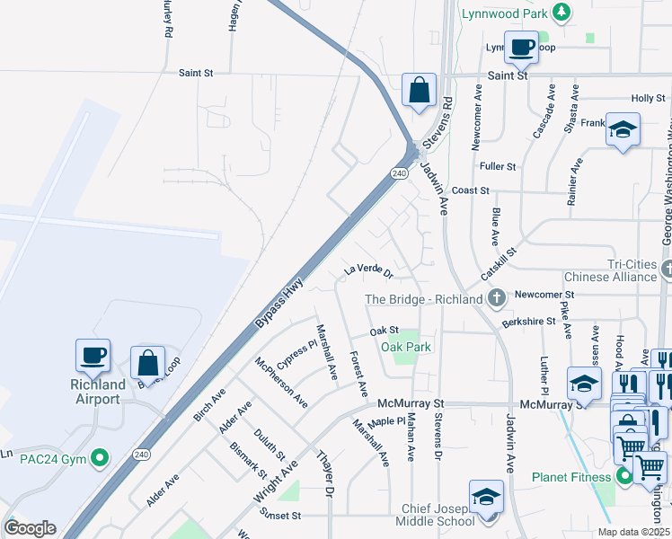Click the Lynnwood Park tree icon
(561, 12)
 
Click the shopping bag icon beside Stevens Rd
(419, 90)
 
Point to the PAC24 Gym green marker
(102, 459)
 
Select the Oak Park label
(406, 347)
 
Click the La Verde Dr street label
(368, 269)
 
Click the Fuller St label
(498, 166)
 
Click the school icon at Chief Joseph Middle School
(485, 496)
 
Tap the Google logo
(30, 528)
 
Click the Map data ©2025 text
(633, 532)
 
